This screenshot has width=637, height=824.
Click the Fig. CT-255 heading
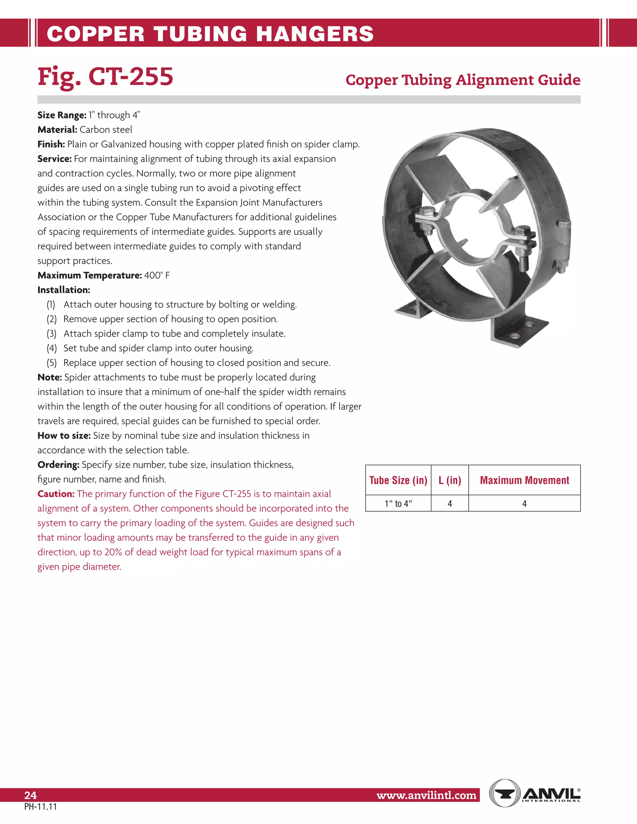pyautogui.click(x=105, y=76)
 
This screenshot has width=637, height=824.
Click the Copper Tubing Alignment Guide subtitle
pyautogui.click(x=463, y=80)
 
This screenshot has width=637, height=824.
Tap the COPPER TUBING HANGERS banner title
pyautogui.click(x=210, y=34)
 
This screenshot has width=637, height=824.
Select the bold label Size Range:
pyautogui.click(x=62, y=115)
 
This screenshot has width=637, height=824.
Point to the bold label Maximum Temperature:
pyautogui.click(x=90, y=275)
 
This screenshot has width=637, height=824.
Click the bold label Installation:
pyautogui.click(x=64, y=290)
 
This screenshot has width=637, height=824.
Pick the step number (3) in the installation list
pyautogui.click(x=51, y=334)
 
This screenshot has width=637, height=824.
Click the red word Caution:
pyautogui.click(x=56, y=494)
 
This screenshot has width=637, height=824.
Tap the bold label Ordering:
pyautogui.click(x=58, y=465)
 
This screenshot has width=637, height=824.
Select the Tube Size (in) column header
pyautogui.click(x=398, y=480)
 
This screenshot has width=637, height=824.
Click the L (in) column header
pyautogui.click(x=449, y=480)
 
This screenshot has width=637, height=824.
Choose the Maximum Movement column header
pyautogui.click(x=524, y=480)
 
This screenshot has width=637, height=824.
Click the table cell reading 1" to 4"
pyautogui.click(x=398, y=504)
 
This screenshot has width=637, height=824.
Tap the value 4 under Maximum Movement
pyautogui.click(x=524, y=504)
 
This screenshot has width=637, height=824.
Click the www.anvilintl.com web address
pyautogui.click(x=426, y=795)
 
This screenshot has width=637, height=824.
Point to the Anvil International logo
pyautogui.click(x=534, y=793)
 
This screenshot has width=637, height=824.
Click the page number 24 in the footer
pyautogui.click(x=30, y=795)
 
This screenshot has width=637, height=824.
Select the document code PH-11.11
pyautogui.click(x=40, y=807)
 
